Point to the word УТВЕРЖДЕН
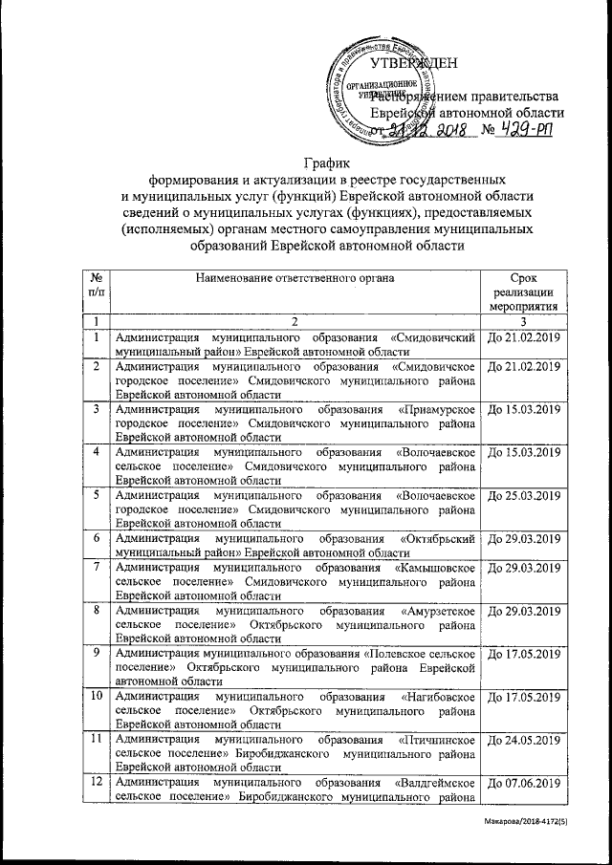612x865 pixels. point(413,64)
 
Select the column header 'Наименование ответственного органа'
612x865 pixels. point(295,277)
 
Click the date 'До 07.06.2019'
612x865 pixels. point(524,786)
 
